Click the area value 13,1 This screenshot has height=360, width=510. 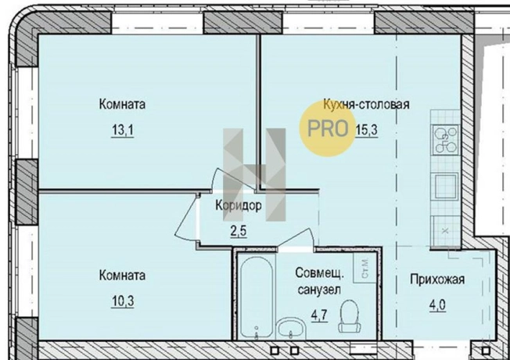pos(123,131)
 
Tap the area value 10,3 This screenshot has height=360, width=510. pos(122,301)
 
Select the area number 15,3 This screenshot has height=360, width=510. pos(366,131)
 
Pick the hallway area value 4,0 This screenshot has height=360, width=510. pos(437,305)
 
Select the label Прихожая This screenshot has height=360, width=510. pos(438,280)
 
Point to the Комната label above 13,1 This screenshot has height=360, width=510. pos(123,104)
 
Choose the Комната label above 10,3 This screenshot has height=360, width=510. pos(122,275)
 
